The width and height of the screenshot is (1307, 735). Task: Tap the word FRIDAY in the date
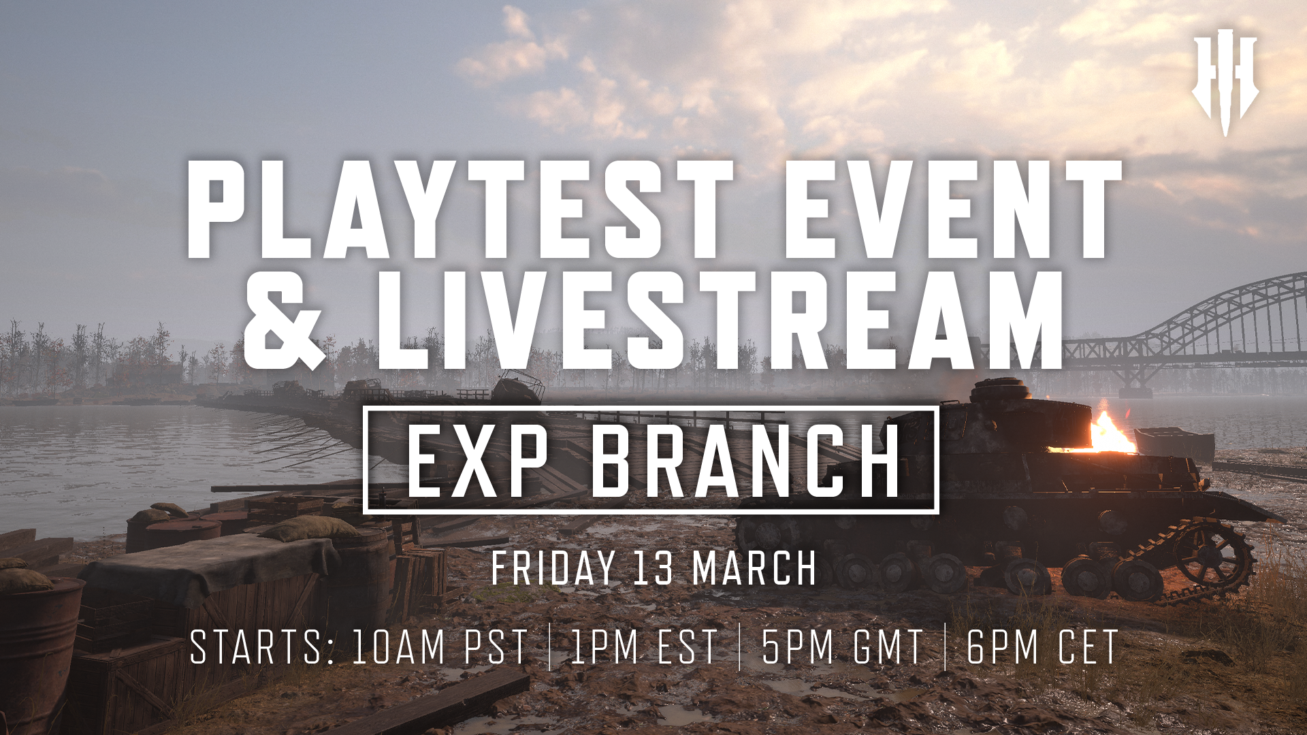click(553, 568)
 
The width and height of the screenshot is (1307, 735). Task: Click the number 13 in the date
click(653, 568)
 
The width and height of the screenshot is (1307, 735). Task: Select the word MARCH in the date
click(754, 568)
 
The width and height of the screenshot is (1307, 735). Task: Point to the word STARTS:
click(262, 647)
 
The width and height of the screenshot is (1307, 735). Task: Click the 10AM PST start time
click(440, 647)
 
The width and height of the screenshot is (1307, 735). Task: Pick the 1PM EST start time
click(644, 647)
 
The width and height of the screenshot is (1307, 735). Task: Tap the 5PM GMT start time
click(842, 647)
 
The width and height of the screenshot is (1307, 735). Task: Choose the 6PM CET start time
click(1042, 647)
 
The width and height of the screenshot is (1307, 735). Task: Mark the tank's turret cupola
click(999, 391)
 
